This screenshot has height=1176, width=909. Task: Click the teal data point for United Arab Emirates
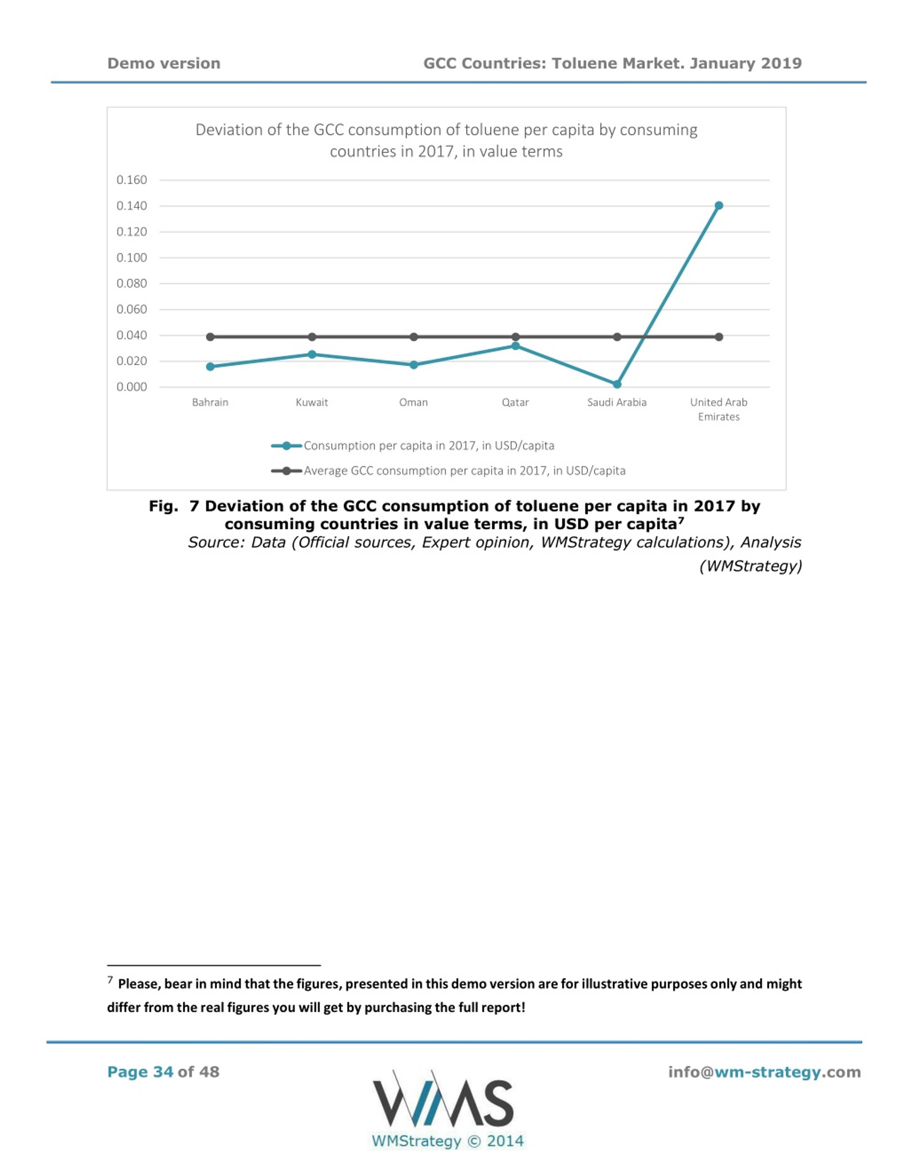(x=718, y=206)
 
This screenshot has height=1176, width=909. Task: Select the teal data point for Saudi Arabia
(x=617, y=384)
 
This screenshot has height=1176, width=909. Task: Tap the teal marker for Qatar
(x=515, y=346)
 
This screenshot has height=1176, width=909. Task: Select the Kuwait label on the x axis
(x=312, y=402)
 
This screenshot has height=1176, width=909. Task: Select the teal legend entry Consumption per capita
(x=413, y=446)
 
